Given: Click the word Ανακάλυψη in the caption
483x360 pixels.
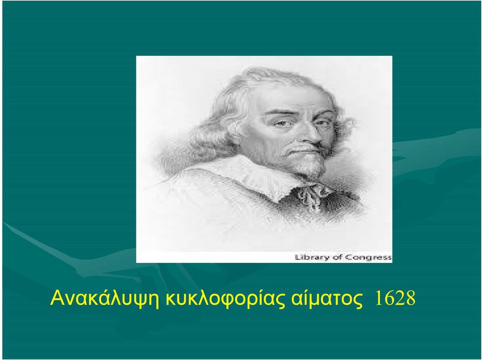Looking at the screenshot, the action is [105, 298].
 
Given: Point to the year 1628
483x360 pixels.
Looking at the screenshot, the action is [395, 298].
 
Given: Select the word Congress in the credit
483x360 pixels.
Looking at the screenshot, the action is [368, 257].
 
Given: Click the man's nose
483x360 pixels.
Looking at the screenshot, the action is [311, 137].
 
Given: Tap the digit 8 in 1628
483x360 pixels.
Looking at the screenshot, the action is [411, 298].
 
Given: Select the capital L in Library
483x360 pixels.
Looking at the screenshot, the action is [297, 257].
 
